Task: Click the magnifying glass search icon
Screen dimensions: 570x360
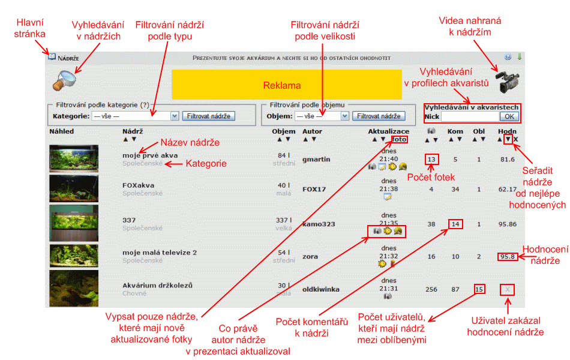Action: [64, 80]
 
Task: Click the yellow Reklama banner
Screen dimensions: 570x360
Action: [287, 85]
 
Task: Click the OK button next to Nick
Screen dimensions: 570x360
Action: [509, 116]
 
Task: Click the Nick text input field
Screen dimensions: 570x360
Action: [470, 116]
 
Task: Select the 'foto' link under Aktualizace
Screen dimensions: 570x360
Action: [399, 139]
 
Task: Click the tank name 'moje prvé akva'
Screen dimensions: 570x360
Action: [150, 155]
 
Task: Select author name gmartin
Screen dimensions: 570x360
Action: [316, 159]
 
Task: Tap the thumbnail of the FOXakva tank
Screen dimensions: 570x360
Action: [74, 188]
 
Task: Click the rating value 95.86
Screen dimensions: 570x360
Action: [508, 224]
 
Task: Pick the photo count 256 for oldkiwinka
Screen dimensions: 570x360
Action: [431, 289]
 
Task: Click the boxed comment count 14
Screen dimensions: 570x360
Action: [455, 224]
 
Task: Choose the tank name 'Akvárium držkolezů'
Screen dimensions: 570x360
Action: [157, 285]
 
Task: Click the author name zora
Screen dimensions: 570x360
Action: [310, 256]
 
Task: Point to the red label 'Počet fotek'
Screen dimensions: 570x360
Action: [431, 177]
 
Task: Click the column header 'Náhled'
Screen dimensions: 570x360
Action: [61, 131]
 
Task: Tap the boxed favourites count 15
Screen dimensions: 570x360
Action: [479, 289]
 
